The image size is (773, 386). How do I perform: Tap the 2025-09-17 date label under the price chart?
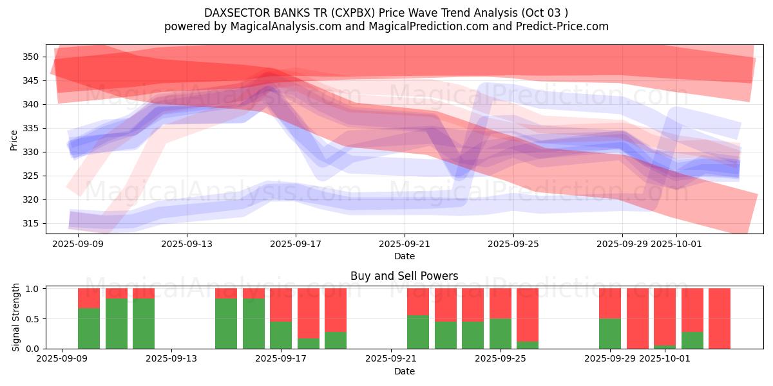[x=296, y=244]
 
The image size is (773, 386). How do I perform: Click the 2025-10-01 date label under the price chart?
[x=676, y=244]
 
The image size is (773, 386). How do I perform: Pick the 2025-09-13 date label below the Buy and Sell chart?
[x=172, y=359]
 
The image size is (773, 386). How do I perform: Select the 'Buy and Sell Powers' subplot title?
[x=404, y=276]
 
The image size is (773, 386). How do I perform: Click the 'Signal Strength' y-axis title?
[x=16, y=318]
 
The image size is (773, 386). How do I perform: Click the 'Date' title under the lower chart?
[x=404, y=371]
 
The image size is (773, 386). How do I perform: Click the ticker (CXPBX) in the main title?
[x=352, y=13]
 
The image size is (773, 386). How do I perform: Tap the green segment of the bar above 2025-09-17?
[x=282, y=335]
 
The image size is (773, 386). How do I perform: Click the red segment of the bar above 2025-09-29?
[x=610, y=303]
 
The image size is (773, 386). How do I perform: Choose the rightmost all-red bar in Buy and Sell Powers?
[x=720, y=318]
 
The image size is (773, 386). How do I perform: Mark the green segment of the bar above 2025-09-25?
[x=501, y=333]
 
